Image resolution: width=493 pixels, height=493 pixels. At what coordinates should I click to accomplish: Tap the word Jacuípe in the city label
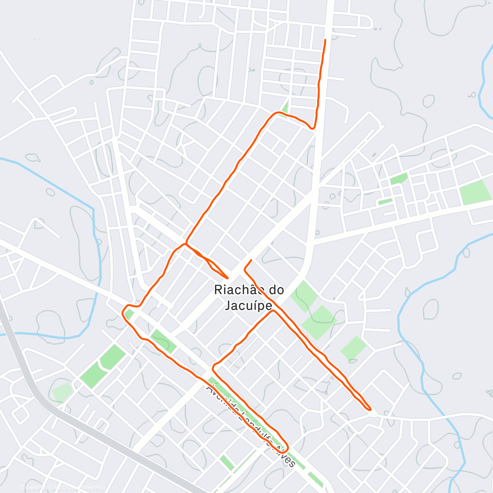click(249, 306)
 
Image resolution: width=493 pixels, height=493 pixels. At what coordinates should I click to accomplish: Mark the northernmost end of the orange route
click(325, 40)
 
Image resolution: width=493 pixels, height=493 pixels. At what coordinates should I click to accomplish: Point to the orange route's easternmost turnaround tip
click(371, 409)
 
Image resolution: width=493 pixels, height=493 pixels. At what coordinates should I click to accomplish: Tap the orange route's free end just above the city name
click(251, 260)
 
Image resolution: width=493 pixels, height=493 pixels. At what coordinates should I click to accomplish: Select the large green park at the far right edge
click(475, 192)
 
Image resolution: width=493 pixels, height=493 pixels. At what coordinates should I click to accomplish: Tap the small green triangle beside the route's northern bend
click(284, 108)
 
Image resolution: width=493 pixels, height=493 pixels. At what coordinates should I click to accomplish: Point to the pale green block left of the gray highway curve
click(62, 392)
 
